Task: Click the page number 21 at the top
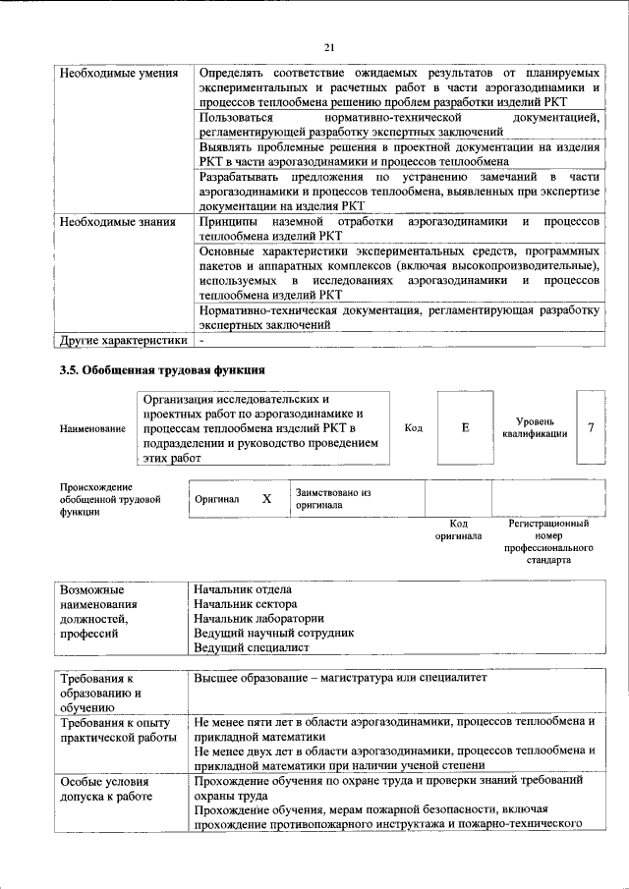(x=329, y=47)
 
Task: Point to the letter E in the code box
(x=465, y=428)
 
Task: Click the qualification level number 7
(x=591, y=427)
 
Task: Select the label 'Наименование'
(x=92, y=428)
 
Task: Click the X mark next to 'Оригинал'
(x=265, y=498)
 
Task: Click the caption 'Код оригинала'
(x=458, y=530)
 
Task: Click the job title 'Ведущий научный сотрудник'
(x=273, y=634)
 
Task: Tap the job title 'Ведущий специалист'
(x=252, y=648)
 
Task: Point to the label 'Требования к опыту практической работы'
(x=109, y=730)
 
